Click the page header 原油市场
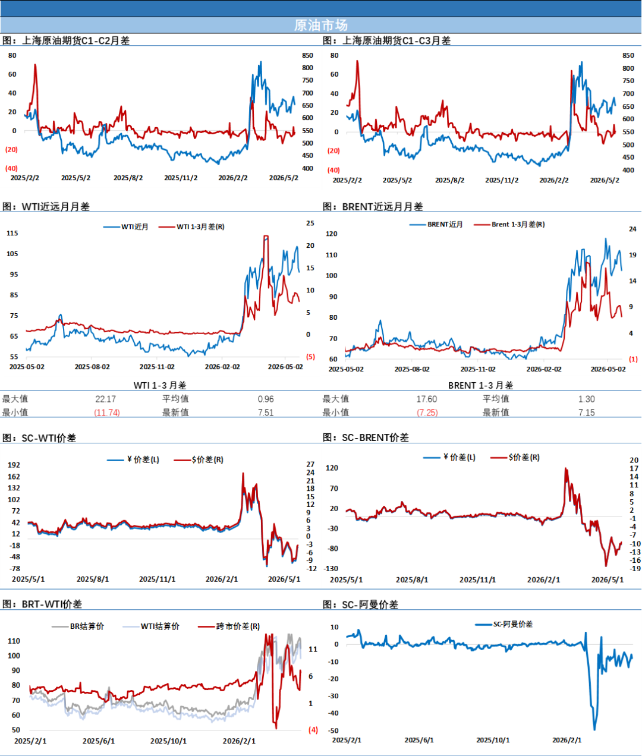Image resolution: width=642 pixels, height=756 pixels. (x=320, y=25)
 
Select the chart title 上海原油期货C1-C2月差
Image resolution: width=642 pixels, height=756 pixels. (x=75, y=40)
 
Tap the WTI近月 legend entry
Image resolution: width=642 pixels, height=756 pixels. (x=125, y=227)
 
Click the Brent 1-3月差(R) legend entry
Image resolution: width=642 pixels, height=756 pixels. (x=509, y=225)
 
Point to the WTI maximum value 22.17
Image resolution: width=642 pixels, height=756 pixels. (x=105, y=399)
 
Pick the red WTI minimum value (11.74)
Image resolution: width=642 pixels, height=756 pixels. (x=107, y=412)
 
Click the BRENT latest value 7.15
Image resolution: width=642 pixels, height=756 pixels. (x=586, y=412)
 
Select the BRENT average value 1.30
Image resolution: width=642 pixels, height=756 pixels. (x=586, y=399)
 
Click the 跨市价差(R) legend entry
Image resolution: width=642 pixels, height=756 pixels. (x=229, y=626)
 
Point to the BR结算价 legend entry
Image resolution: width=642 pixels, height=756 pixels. (x=78, y=626)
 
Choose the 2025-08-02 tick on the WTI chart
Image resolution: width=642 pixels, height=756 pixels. (x=92, y=367)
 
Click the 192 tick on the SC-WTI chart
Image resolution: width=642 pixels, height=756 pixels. (x=14, y=465)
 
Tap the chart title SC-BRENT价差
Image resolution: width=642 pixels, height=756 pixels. (x=375, y=437)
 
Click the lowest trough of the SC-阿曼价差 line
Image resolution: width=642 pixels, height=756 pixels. (x=594, y=730)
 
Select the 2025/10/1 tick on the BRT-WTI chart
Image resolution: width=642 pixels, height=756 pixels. (x=168, y=741)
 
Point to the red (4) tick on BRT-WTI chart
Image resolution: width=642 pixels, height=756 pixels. (x=313, y=730)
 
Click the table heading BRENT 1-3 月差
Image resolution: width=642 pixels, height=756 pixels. (x=481, y=385)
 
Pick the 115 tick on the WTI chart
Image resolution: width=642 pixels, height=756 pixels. (x=12, y=233)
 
